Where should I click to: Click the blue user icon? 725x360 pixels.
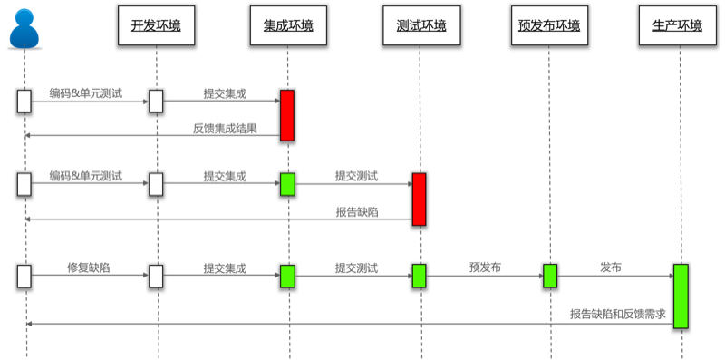(x=24, y=29)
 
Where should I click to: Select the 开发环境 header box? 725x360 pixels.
(x=156, y=25)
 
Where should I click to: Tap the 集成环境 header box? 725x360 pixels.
(x=288, y=25)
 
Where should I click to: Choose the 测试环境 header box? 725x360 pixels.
(x=421, y=25)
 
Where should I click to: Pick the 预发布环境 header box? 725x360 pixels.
(x=549, y=25)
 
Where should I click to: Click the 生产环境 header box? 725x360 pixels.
(x=677, y=25)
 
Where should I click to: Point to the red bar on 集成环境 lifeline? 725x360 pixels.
(x=287, y=115)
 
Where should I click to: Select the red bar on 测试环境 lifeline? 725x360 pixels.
(x=420, y=199)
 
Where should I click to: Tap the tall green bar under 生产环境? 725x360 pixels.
(x=681, y=297)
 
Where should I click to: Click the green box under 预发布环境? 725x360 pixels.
(x=550, y=276)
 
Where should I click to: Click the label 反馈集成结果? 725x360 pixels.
(x=225, y=129)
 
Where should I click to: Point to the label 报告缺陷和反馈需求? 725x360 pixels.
(x=618, y=315)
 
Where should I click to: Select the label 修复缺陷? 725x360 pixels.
(x=89, y=268)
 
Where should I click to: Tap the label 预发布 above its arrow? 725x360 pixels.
(x=485, y=268)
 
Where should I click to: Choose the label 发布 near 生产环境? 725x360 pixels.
(x=611, y=268)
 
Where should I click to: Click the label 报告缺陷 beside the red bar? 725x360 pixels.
(x=357, y=212)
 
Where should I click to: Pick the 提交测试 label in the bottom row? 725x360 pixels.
(x=357, y=268)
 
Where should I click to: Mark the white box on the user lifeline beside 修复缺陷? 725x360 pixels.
(x=24, y=277)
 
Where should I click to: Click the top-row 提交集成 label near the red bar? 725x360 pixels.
(x=225, y=93)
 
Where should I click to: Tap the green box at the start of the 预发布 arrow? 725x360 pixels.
(x=420, y=276)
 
